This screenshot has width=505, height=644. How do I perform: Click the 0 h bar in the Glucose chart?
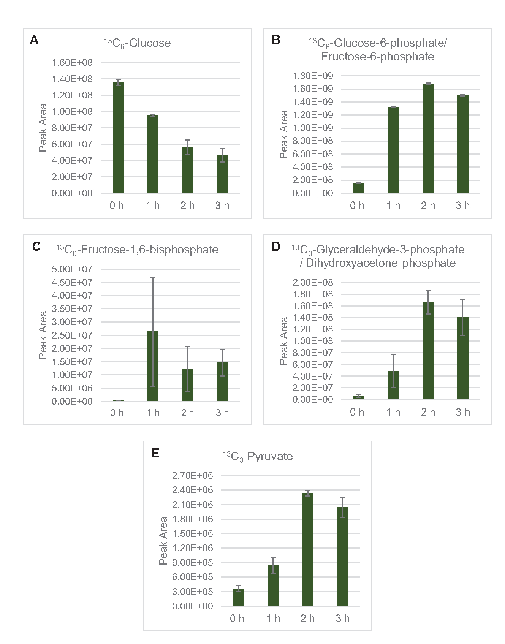coord(118,138)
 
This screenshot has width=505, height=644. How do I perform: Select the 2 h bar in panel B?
coord(428,138)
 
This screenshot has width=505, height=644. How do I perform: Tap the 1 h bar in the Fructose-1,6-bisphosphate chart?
coord(153,366)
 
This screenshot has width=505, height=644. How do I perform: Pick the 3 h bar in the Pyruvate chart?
coord(342,556)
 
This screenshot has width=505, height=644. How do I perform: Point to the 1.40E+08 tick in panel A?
coord(72,79)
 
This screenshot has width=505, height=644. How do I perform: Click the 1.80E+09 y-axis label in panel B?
coord(313,76)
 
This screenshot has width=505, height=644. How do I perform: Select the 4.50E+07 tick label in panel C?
coord(72,282)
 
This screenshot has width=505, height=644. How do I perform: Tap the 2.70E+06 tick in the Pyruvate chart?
coord(192,475)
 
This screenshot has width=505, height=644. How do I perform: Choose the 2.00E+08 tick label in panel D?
coord(313,282)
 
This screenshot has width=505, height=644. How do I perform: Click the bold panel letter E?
coord(155,453)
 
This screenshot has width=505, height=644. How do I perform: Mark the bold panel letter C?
coord(36,247)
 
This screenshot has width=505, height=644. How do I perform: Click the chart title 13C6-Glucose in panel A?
coord(138,43)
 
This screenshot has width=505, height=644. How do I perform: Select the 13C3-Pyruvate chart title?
coord(258,456)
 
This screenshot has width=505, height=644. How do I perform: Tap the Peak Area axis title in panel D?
coord(283,341)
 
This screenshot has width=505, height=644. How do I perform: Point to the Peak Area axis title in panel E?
coord(163,540)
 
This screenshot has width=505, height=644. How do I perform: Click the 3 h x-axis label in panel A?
coord(222,206)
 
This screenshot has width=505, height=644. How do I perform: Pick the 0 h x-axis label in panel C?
coord(117,413)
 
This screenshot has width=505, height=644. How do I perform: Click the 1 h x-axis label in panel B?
coord(393,206)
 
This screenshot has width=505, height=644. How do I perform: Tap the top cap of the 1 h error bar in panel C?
coord(153,277)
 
